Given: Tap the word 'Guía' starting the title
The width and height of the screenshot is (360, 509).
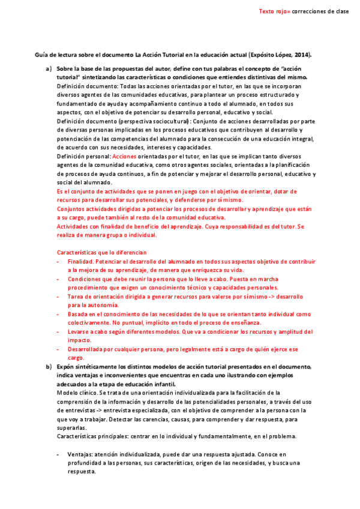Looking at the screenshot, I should (41, 55).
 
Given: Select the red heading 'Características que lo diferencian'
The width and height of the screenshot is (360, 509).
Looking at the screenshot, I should (101, 252).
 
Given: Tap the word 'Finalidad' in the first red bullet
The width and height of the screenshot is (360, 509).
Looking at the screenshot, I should (80, 262).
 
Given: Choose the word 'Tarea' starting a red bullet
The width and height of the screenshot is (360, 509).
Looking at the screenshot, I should (76, 297).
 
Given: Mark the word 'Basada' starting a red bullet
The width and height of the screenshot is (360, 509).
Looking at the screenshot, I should (78, 314).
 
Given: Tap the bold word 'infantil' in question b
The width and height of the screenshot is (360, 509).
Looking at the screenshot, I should (162, 384).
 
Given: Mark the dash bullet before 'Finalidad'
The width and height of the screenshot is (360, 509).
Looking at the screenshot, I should (58, 262).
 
